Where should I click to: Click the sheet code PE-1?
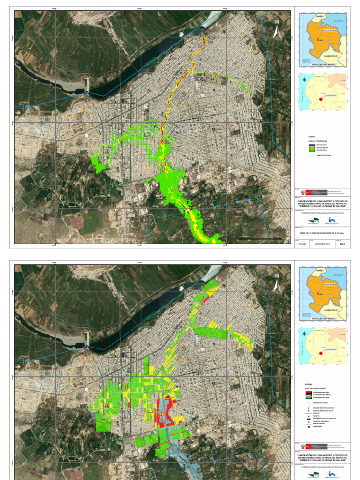click(x=343, y=244)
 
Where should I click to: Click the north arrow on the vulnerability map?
click(x=277, y=282)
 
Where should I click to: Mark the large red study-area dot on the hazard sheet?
click(x=321, y=99)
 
